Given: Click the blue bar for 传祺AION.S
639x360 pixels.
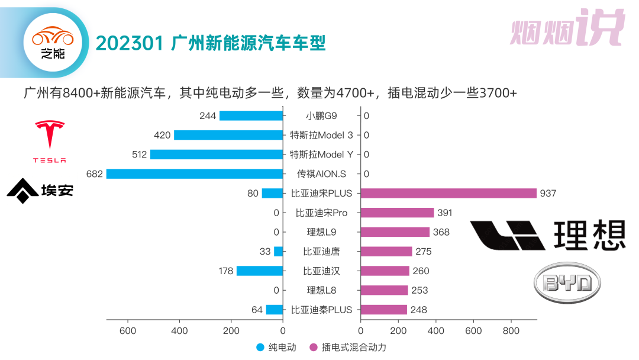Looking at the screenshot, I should (195, 174).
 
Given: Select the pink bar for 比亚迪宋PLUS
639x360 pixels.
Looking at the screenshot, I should (448, 194).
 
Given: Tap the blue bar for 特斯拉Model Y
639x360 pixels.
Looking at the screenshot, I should (217, 155).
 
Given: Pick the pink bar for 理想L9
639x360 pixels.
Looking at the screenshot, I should (395, 232).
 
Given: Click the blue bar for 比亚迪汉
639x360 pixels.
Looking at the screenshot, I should (260, 271).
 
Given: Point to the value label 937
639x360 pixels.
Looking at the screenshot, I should (548, 194).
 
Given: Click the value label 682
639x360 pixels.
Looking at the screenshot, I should (95, 174).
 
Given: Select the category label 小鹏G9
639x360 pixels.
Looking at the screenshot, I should (321, 116).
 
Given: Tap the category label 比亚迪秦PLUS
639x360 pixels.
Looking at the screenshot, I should (321, 310).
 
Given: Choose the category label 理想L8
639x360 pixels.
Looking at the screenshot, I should (321, 290).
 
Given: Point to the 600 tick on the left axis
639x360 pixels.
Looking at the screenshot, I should (128, 331).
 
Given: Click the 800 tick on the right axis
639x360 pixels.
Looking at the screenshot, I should (511, 331).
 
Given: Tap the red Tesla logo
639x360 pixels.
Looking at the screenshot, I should (50, 142).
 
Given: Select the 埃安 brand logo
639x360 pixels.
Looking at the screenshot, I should (40, 191).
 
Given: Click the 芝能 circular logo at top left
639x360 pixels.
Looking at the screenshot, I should (53, 43).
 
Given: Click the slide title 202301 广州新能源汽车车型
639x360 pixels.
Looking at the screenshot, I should (211, 43).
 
